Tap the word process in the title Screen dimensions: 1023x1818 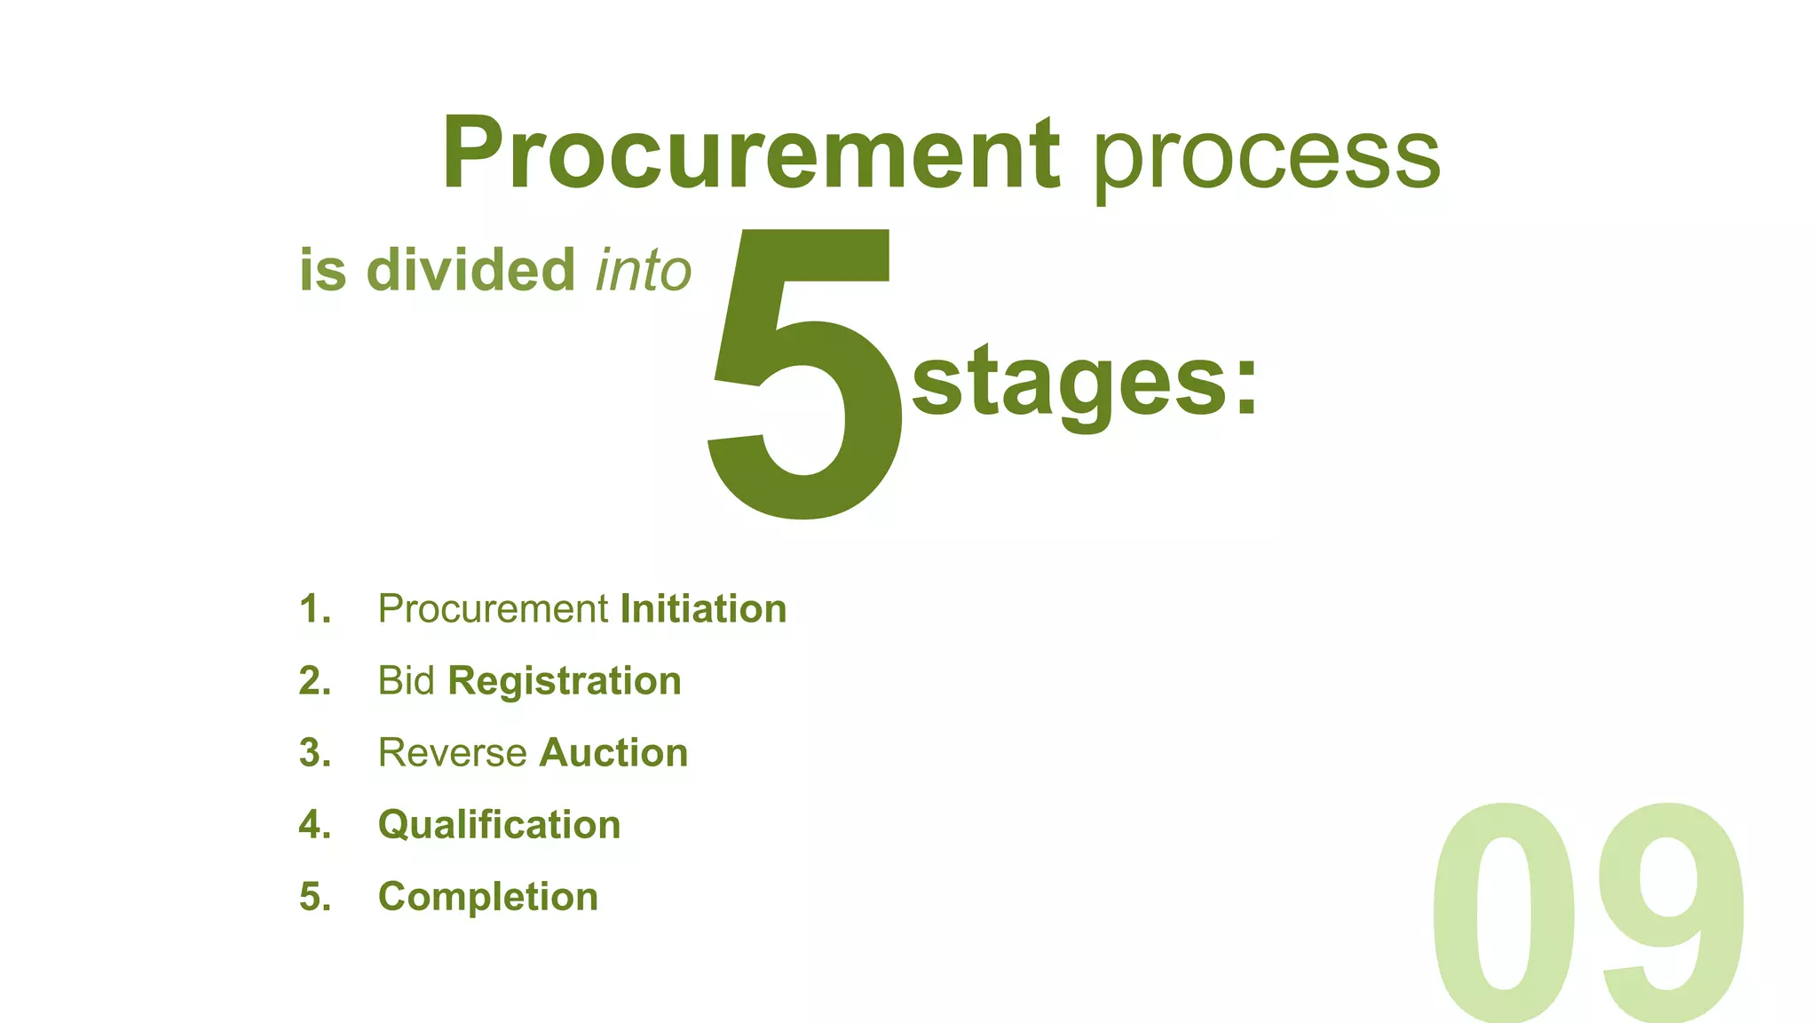[x=1267, y=158]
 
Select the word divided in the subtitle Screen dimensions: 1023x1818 [x=470, y=270]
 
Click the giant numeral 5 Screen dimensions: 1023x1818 [x=806, y=373]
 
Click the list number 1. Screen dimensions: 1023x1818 [x=314, y=609]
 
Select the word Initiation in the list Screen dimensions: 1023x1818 [x=703, y=609]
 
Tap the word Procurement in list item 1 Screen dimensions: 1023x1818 [x=493, y=609]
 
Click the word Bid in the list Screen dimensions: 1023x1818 [x=406, y=681]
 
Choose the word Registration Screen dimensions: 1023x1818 [x=565, y=681]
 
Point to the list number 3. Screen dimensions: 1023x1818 [x=314, y=753]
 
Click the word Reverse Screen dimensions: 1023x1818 [x=453, y=753]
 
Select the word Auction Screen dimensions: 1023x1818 [x=613, y=753]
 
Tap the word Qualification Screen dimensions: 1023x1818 [x=499, y=825]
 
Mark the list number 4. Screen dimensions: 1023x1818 [x=314, y=825]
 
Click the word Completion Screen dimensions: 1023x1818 [x=488, y=897]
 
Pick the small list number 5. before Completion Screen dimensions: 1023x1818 [x=314, y=897]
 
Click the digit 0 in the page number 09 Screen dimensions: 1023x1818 [x=1504, y=910]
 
